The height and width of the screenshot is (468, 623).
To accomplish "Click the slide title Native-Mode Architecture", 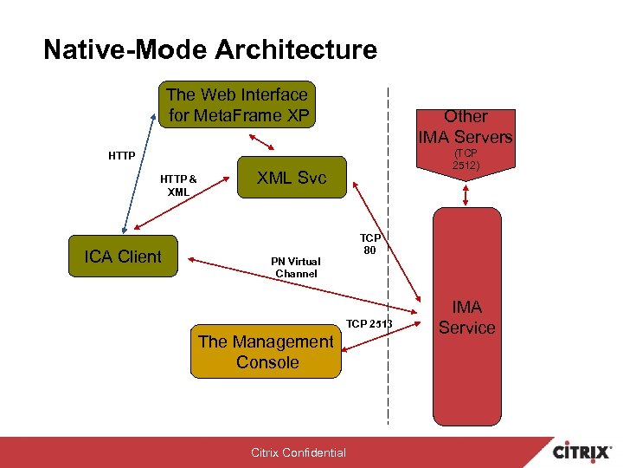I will (210, 49).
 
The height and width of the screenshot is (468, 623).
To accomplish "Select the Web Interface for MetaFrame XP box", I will (237, 105).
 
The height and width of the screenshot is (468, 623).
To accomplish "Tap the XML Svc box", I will (291, 179).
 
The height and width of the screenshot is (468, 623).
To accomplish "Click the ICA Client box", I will (123, 257).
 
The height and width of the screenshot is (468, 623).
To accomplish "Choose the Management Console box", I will (267, 352).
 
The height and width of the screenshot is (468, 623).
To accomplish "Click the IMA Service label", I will (466, 317).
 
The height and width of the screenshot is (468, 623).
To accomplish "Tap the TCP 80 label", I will (371, 244).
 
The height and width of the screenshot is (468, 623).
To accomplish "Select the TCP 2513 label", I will (369, 324).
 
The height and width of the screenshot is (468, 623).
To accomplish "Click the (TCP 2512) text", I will (466, 159).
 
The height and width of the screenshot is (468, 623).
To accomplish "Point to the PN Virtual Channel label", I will (296, 267).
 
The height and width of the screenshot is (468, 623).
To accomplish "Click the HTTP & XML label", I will (178, 185).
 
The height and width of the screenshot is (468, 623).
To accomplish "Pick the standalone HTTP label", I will (121, 156).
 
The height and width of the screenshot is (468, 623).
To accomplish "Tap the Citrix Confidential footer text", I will (299, 452).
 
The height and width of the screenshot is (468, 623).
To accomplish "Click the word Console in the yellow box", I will (267, 362).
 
